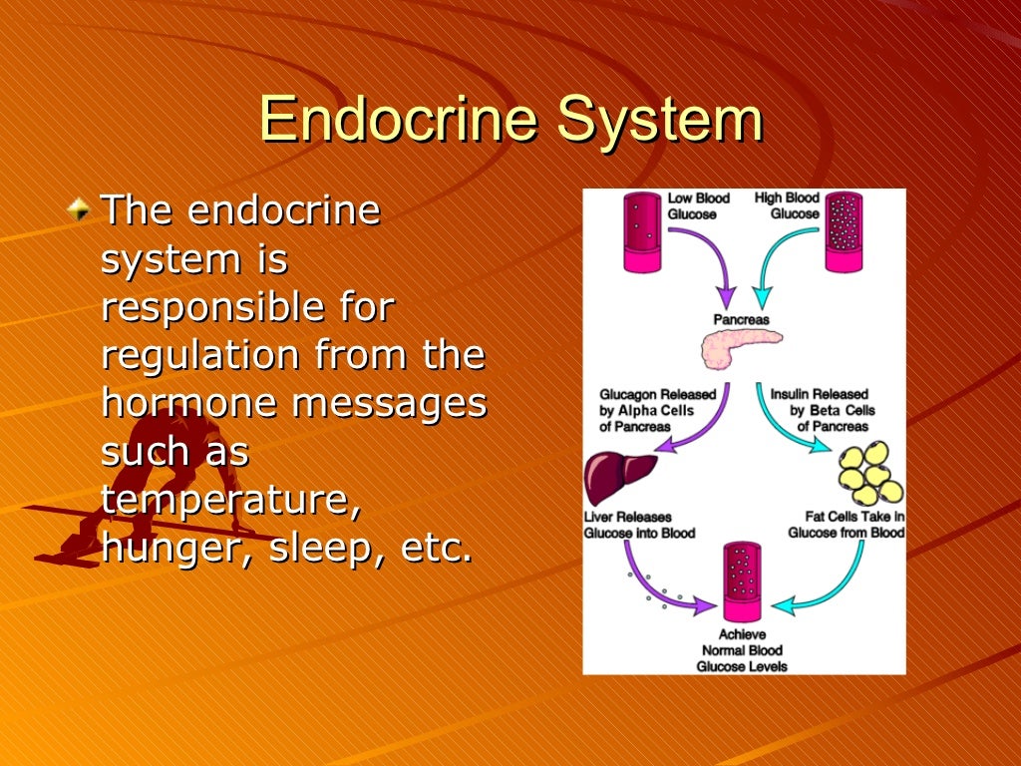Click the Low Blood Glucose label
coord(698,205)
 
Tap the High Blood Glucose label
coord(788,205)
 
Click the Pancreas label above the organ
coord(741,319)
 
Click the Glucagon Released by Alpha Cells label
coord(650,410)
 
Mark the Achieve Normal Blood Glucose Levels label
coord(745,650)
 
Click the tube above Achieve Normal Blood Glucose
coord(745,581)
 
